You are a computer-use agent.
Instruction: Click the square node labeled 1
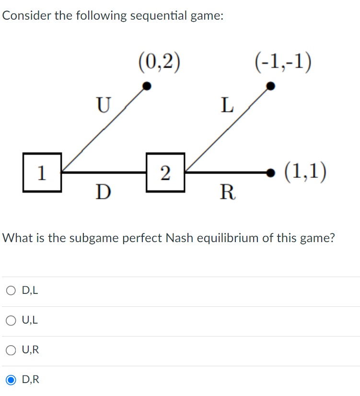click(x=42, y=172)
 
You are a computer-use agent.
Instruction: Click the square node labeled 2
click(x=165, y=172)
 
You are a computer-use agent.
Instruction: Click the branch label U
click(x=103, y=104)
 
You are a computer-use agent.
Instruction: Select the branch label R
click(x=227, y=193)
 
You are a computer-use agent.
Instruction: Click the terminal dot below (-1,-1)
click(x=271, y=86)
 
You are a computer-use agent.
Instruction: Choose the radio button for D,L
click(x=11, y=290)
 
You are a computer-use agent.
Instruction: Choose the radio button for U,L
click(x=11, y=320)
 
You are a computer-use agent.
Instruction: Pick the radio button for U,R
click(x=11, y=350)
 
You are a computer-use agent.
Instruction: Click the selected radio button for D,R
click(x=11, y=380)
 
